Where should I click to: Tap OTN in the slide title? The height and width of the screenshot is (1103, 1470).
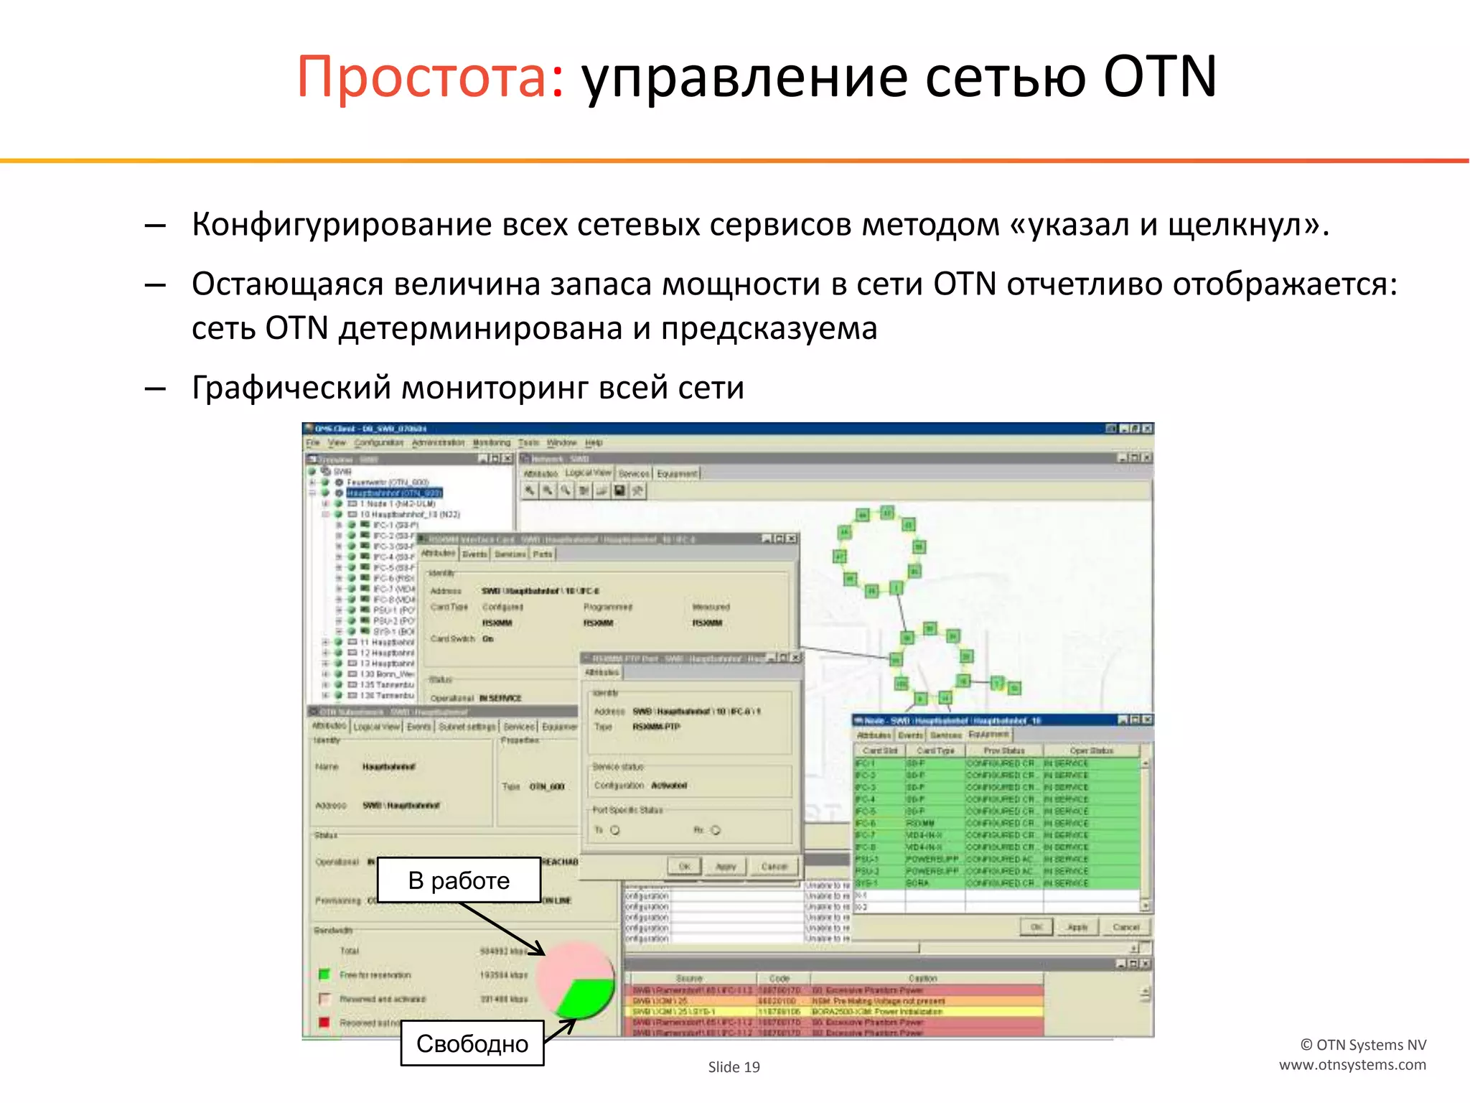[x=1159, y=77]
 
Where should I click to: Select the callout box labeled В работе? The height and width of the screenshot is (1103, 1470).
[x=459, y=880]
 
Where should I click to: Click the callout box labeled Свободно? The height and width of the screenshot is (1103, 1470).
[x=472, y=1043]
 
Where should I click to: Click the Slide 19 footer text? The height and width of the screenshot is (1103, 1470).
[x=734, y=1067]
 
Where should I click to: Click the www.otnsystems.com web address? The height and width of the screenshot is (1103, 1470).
[x=1352, y=1065]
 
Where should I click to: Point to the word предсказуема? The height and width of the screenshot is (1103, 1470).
[x=769, y=329]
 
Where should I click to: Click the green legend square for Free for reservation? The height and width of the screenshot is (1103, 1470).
[x=324, y=974]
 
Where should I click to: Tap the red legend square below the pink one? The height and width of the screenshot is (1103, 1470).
[x=324, y=1022]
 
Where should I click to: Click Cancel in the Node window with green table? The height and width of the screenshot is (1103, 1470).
[x=1125, y=927]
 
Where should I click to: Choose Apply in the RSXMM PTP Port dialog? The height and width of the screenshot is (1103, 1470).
[x=726, y=867]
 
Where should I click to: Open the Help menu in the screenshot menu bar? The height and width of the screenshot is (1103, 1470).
[x=594, y=443]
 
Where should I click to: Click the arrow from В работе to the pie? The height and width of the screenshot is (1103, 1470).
[x=502, y=929]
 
